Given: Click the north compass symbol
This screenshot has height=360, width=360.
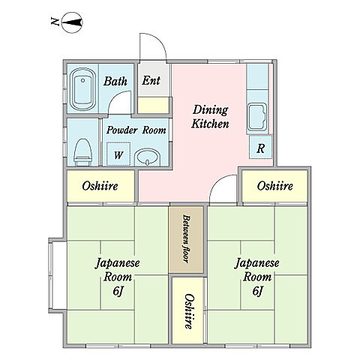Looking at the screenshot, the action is pyautogui.click(x=72, y=22).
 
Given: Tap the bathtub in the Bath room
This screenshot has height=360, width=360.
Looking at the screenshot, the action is pyautogui.click(x=82, y=89).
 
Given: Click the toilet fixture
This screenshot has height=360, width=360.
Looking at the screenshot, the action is pyautogui.click(x=83, y=152).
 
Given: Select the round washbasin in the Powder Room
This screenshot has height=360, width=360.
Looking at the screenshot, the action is pyautogui.click(x=147, y=157).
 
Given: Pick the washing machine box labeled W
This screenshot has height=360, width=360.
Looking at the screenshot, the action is pyautogui.click(x=118, y=154).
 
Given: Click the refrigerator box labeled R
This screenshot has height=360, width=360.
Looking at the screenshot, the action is pyautogui.click(x=260, y=147).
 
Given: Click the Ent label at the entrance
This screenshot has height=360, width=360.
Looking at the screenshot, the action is pyautogui.click(x=151, y=81).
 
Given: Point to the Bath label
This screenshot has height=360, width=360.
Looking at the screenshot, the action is pyautogui.click(x=115, y=81).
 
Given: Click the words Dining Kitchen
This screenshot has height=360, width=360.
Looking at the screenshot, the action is pyautogui.click(x=210, y=117).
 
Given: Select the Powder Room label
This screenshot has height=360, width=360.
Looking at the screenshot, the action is pyautogui.click(x=136, y=130).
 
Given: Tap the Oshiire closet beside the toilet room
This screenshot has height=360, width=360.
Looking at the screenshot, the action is pyautogui.click(x=100, y=186).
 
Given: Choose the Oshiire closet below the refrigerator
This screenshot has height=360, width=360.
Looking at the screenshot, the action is pyautogui.click(x=274, y=186).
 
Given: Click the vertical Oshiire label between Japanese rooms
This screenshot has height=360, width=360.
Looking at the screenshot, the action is pyautogui.click(x=189, y=311).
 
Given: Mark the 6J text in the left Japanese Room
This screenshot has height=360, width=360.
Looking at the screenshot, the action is pyautogui.click(x=118, y=291).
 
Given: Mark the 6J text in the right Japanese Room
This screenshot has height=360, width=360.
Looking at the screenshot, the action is pyautogui.click(x=258, y=291).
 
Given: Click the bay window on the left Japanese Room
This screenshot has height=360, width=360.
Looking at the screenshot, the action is pyautogui.click(x=58, y=275).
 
